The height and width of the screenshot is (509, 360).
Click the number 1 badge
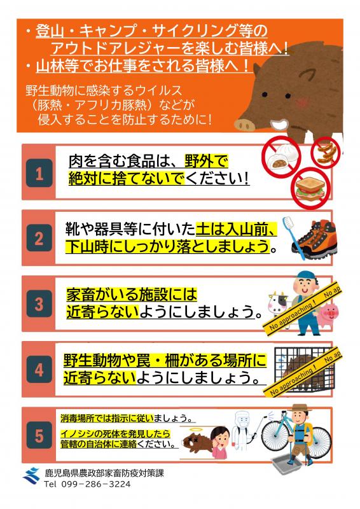(x=39, y=174)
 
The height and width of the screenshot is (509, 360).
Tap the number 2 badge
(x=39, y=239)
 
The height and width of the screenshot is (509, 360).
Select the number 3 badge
(x=39, y=304)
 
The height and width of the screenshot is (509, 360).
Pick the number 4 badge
(x=39, y=370)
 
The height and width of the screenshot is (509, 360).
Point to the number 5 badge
(x=39, y=436)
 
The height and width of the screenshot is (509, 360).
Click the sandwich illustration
(x=310, y=186)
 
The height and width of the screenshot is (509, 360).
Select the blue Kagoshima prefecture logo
(x=31, y=475)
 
